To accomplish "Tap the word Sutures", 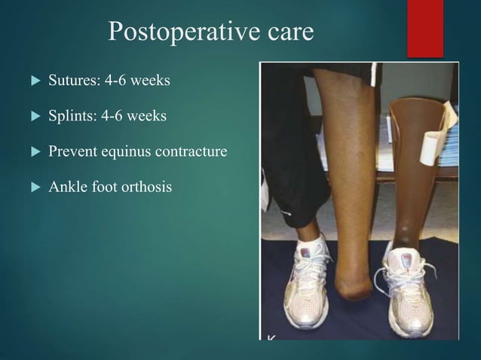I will click(x=69, y=81).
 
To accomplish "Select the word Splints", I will click(x=68, y=117).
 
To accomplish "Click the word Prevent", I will click(x=70, y=152).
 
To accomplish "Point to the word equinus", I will click(x=123, y=152).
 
